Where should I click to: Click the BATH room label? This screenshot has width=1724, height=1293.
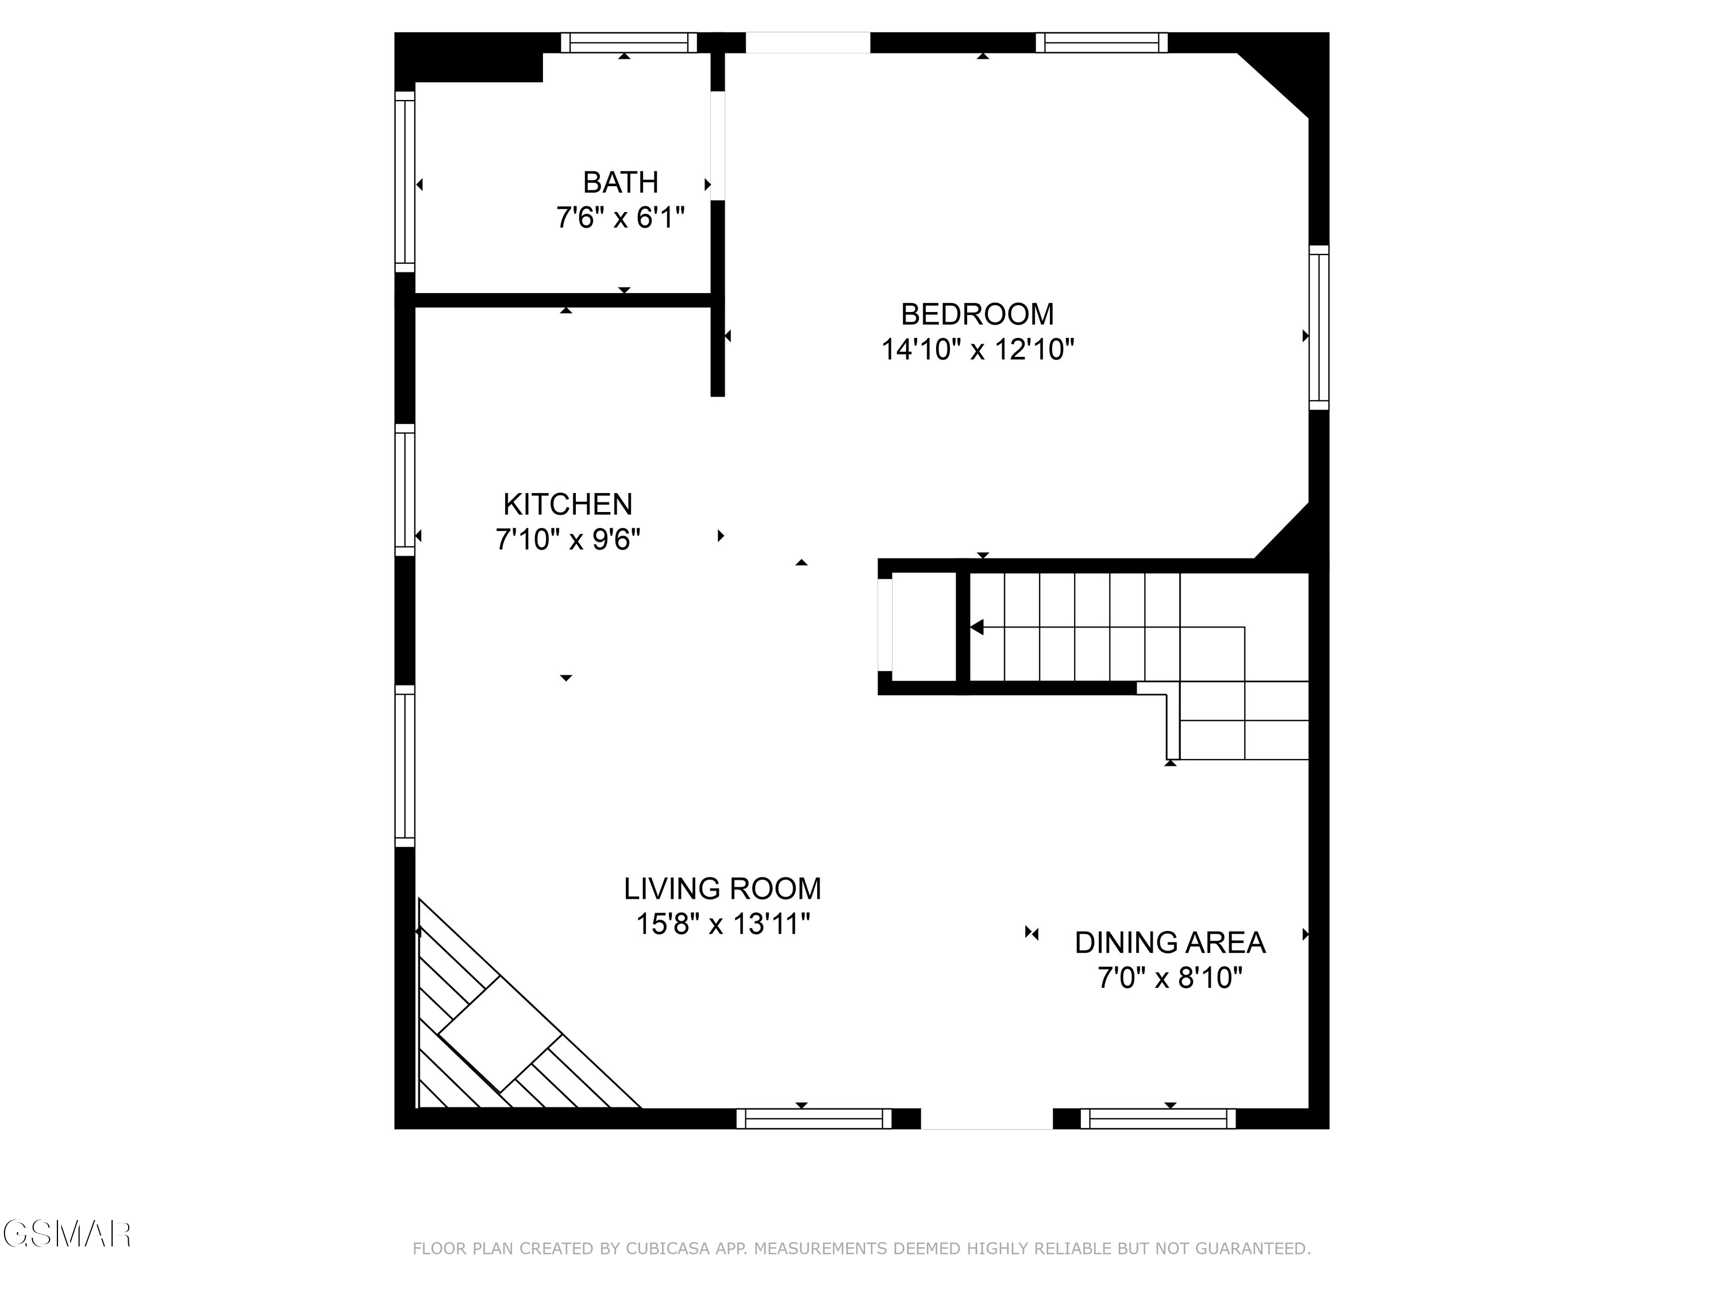pyautogui.click(x=621, y=182)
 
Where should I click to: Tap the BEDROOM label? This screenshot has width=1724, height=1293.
pyautogui.click(x=978, y=314)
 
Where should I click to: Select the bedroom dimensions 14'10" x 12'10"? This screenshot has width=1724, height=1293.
pyautogui.click(x=978, y=350)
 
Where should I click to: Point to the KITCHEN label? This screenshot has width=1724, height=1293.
pyautogui.click(x=567, y=504)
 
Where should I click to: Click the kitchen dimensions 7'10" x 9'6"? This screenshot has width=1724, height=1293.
pyautogui.click(x=567, y=540)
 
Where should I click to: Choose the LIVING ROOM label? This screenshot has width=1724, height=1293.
pyautogui.click(x=722, y=888)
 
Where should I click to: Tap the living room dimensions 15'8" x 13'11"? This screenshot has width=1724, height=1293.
pyautogui.click(x=722, y=924)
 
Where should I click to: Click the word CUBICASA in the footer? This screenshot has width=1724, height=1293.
pyautogui.click(x=668, y=1249)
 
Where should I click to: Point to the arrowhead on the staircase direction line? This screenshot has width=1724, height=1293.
pyautogui.click(x=976, y=628)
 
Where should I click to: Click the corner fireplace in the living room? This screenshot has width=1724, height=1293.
pyautogui.click(x=499, y=1037)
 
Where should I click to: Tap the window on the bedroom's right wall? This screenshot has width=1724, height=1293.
pyautogui.click(x=1319, y=328)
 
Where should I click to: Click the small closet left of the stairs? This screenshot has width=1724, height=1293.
pyautogui.click(x=923, y=628)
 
